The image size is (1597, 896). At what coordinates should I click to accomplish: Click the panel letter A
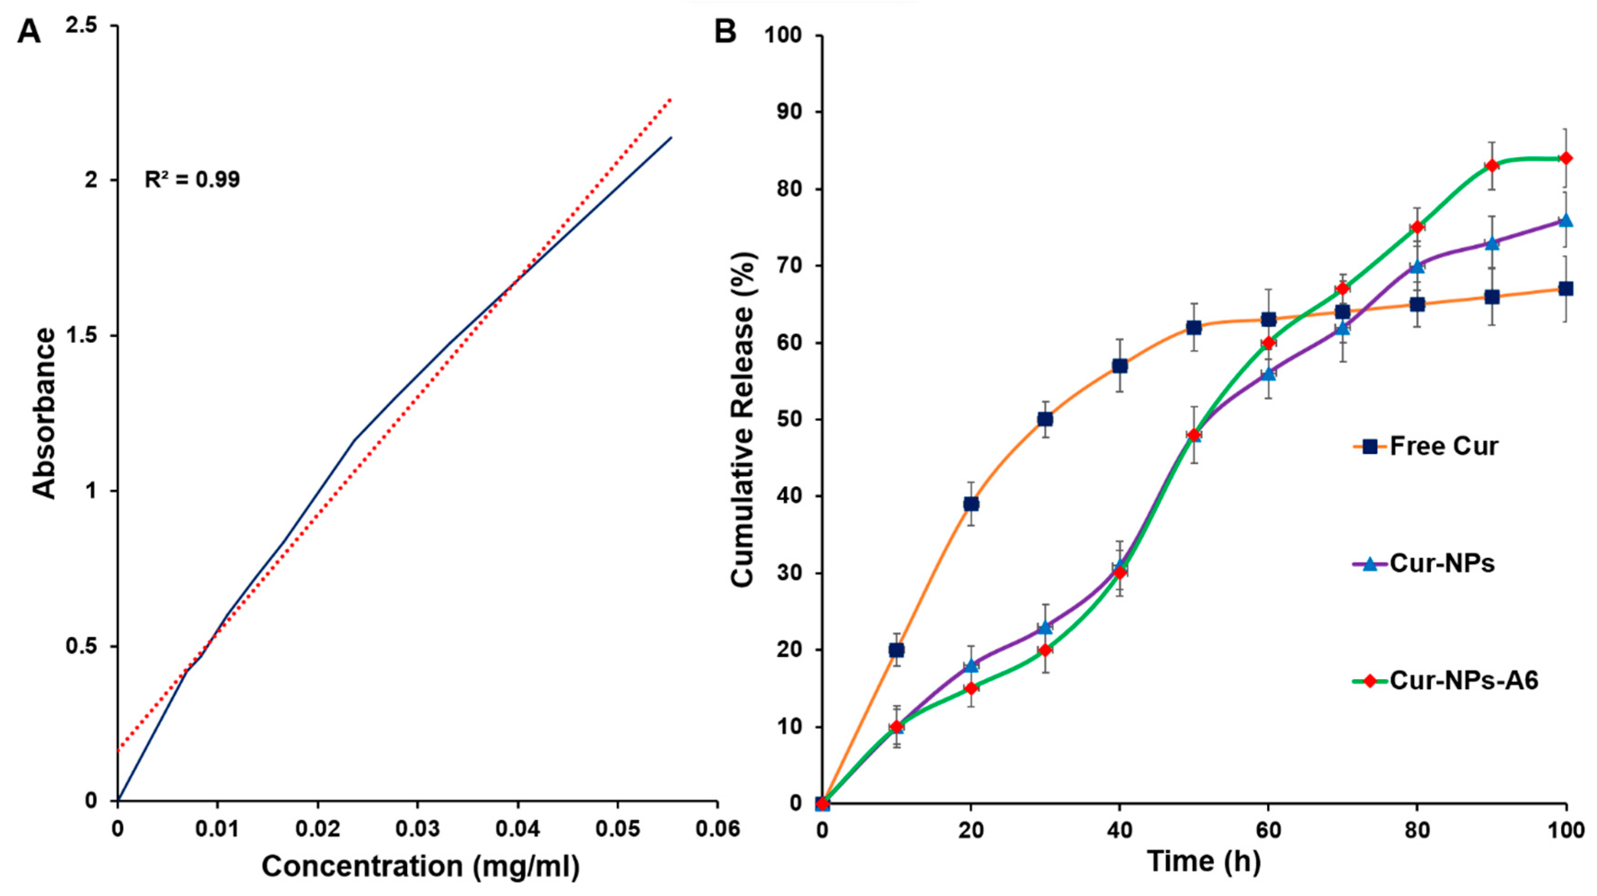pos(29,31)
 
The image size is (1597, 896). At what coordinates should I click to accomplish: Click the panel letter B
pos(725,31)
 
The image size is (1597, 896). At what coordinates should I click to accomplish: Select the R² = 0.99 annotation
pos(192,180)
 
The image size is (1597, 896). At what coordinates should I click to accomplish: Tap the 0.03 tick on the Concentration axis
pos(417,828)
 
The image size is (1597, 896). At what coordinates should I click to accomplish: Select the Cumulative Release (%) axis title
pos(742,419)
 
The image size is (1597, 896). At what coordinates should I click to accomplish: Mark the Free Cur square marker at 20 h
pos(971,504)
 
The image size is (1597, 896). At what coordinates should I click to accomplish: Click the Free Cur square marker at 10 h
pos(897,650)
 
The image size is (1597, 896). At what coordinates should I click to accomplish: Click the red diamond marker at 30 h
pos(1045,650)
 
